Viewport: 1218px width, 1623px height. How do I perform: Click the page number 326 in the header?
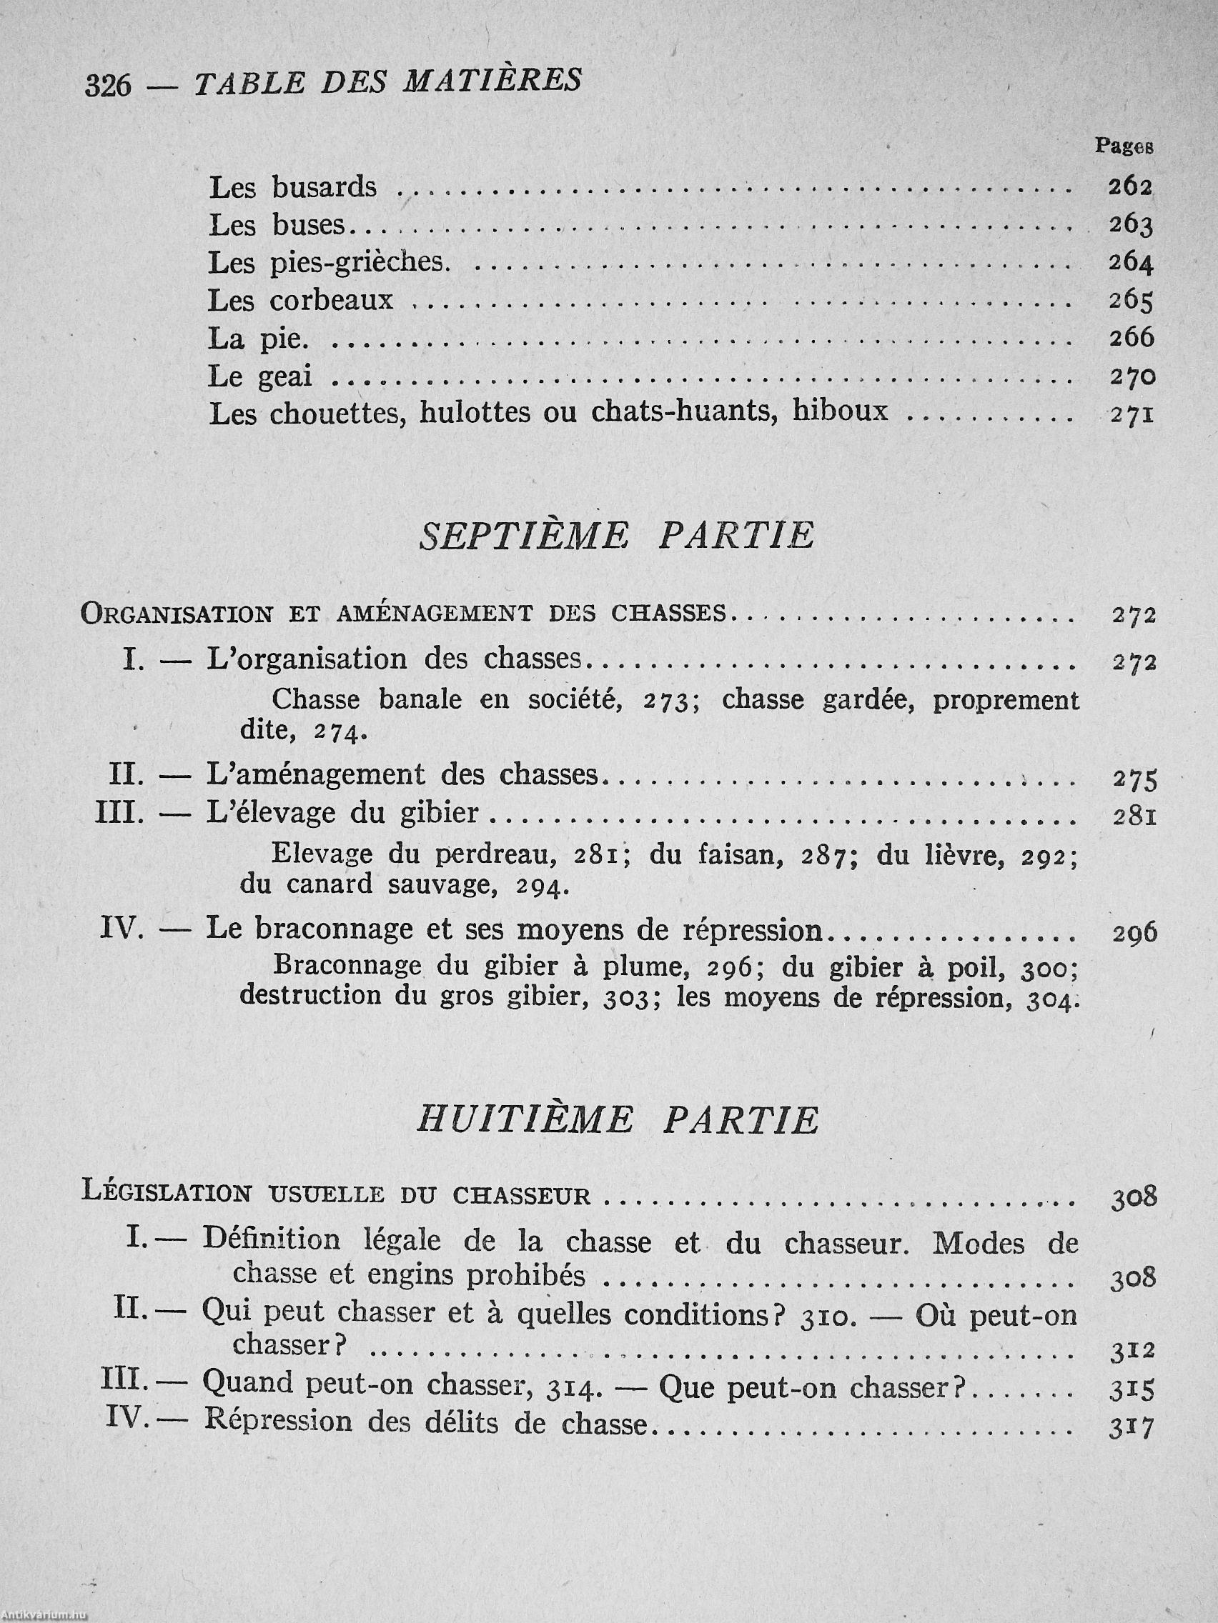(x=107, y=85)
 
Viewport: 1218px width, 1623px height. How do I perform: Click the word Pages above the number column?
(x=1124, y=146)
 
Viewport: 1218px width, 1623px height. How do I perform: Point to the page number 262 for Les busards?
(x=1130, y=187)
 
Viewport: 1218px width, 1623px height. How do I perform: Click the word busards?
(x=324, y=187)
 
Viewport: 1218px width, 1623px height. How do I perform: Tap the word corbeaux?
(x=331, y=300)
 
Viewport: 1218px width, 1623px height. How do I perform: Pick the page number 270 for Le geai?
(x=1132, y=376)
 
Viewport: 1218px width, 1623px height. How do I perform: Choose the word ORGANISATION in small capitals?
(x=177, y=613)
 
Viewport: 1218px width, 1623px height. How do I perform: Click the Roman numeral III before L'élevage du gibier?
(x=119, y=813)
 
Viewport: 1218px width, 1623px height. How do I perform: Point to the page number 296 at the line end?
(x=1134, y=932)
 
